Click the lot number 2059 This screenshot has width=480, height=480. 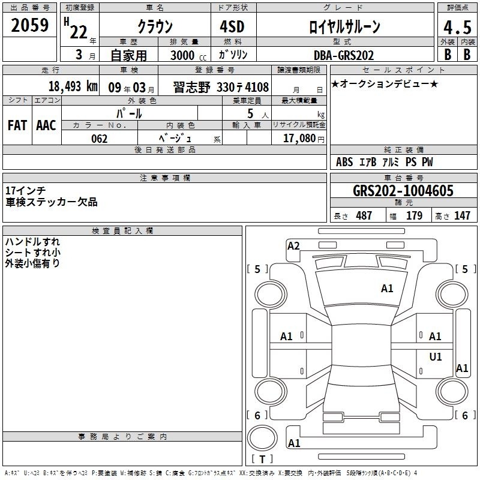[x=29, y=25]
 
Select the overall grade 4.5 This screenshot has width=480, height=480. [x=457, y=27]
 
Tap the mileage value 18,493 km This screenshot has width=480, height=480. [x=73, y=86]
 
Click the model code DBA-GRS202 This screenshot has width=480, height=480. [x=344, y=55]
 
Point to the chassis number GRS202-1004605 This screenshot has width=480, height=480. [x=403, y=191]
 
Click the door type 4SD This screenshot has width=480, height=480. [x=232, y=26]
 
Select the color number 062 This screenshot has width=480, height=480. [x=100, y=139]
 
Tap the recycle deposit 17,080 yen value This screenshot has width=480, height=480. [x=304, y=139]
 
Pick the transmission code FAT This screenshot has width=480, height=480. [x=17, y=125]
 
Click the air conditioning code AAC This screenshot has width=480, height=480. [x=46, y=125]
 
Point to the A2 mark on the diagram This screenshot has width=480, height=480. [x=293, y=246]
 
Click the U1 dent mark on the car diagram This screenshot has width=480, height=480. [x=436, y=356]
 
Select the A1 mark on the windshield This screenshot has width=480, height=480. [x=387, y=289]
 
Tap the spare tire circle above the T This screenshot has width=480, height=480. [x=262, y=437]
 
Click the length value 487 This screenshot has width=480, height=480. [x=364, y=215]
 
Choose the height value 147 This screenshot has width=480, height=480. [x=462, y=215]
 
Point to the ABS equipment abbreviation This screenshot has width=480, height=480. [x=344, y=162]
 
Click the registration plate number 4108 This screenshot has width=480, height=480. [x=257, y=87]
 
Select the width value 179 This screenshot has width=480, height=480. [x=414, y=215]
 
